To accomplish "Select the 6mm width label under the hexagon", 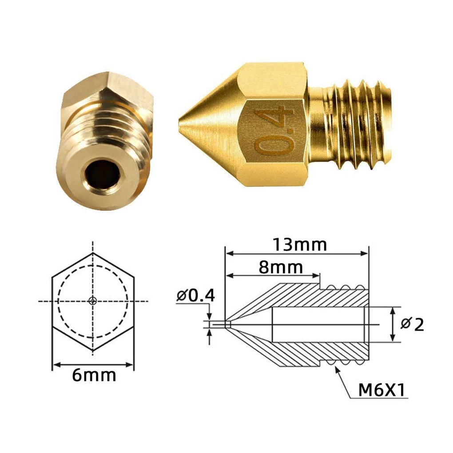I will (94, 376).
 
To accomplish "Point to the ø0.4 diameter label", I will (195, 295).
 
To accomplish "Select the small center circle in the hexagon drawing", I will (92, 301).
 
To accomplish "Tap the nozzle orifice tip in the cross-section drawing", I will (227, 325).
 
